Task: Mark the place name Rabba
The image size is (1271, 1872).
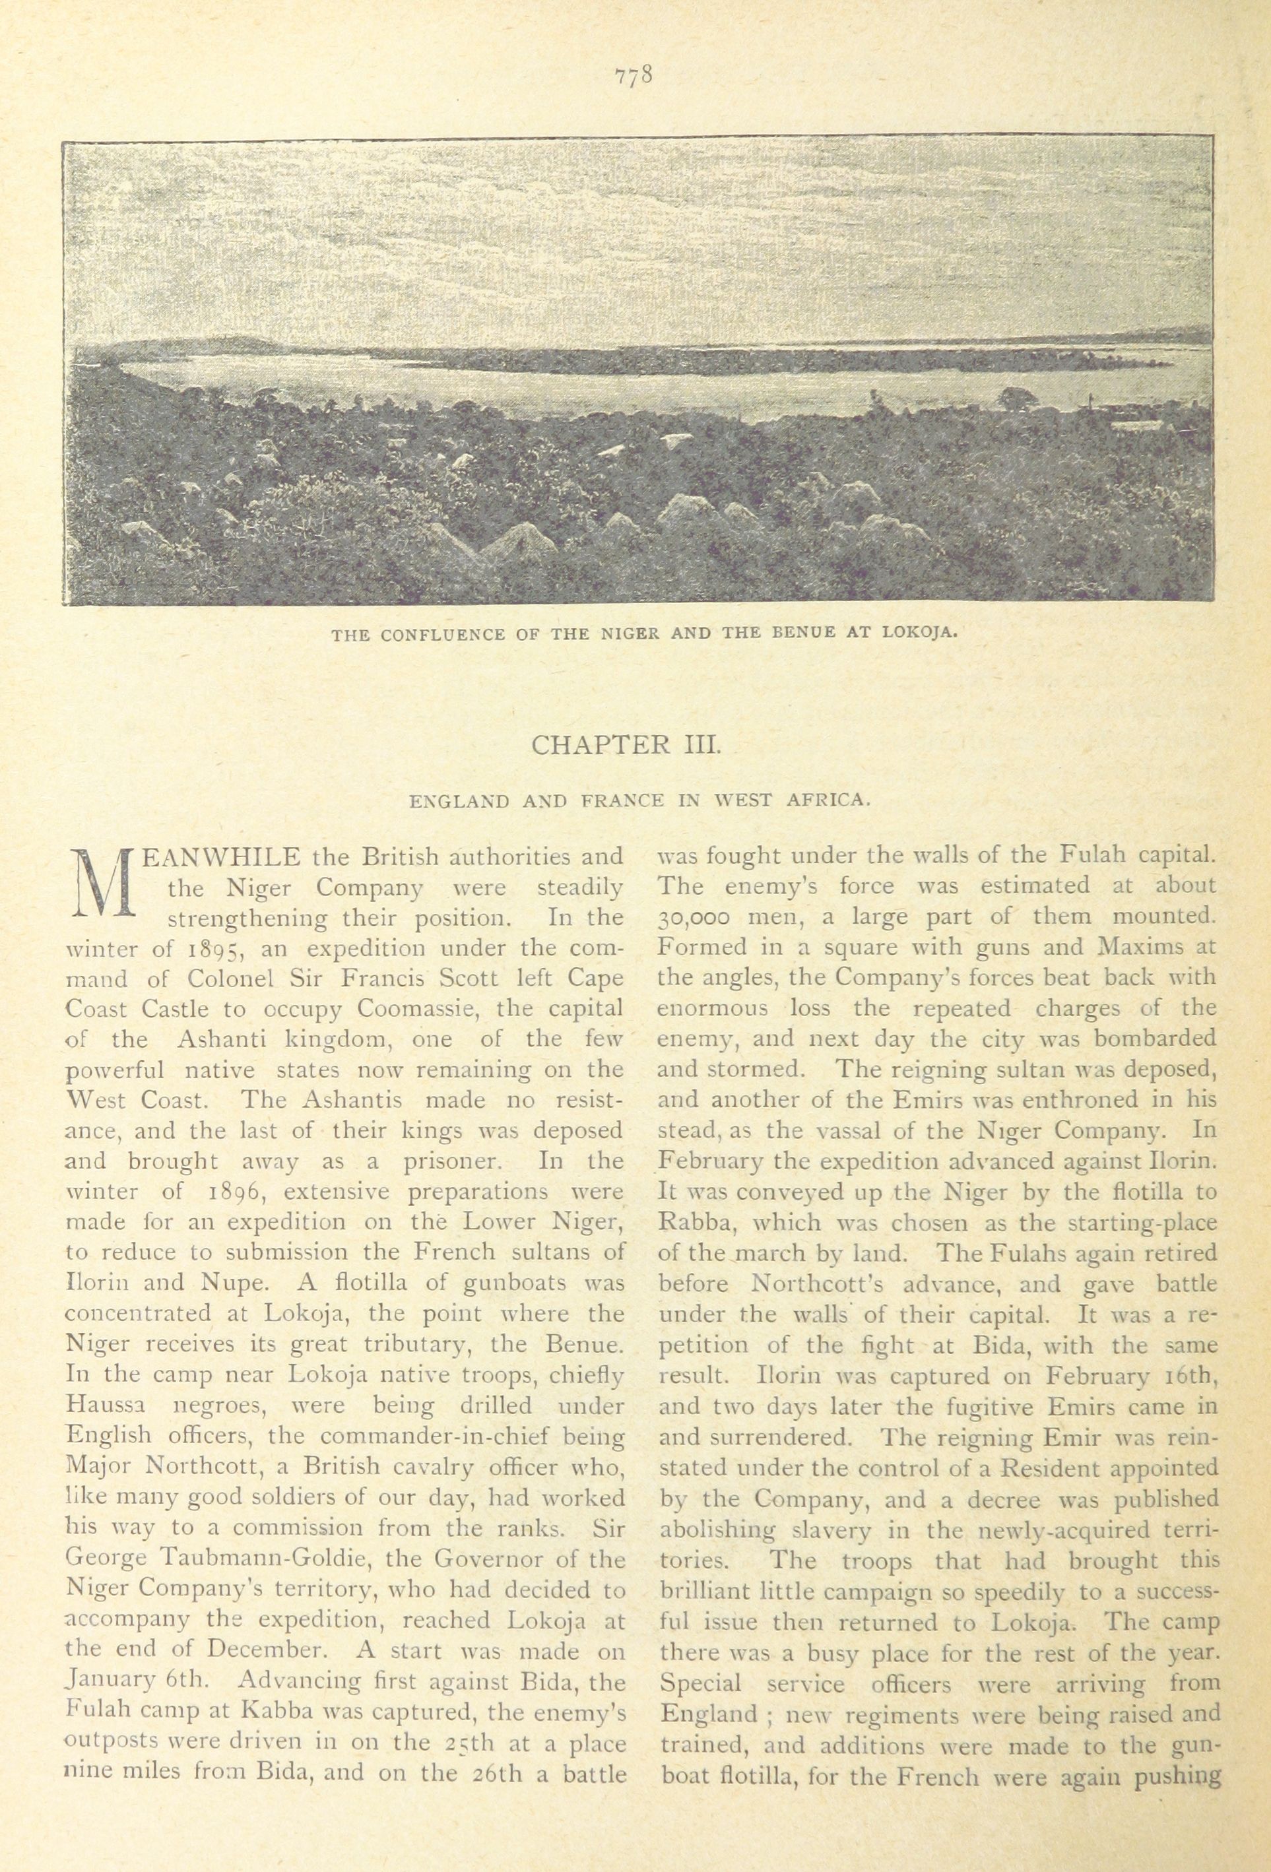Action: pyautogui.click(x=694, y=1223)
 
